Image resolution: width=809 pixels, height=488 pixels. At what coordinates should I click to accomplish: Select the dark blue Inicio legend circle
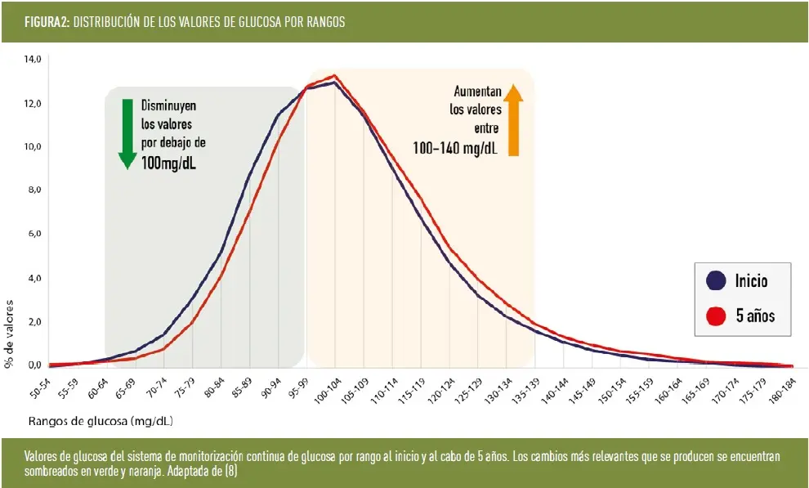pos(716,281)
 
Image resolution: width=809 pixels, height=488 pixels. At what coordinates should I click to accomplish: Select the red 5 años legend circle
pos(716,315)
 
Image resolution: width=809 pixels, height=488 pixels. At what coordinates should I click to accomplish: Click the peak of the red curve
pos(335,76)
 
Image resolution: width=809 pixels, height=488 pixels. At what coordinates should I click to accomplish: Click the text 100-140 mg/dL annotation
pos(455,147)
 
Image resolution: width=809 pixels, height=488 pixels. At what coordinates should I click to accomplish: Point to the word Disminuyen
pos(168,105)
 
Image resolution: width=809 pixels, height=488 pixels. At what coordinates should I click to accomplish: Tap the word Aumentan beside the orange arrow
pos(477,92)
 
